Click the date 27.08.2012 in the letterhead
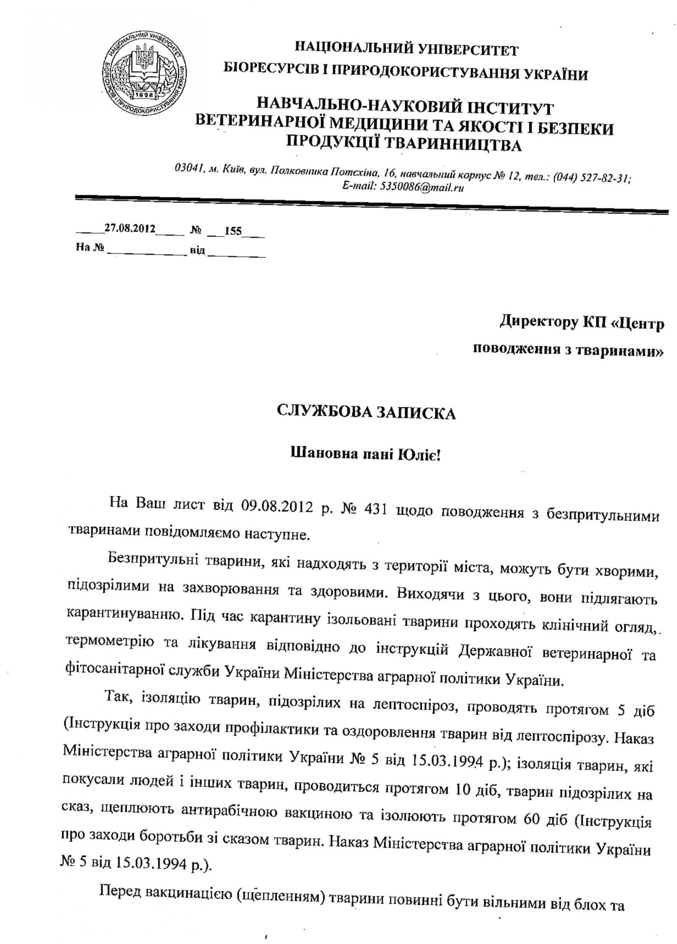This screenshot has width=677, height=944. click(x=130, y=229)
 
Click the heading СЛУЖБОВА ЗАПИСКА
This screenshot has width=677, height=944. click(x=366, y=412)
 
